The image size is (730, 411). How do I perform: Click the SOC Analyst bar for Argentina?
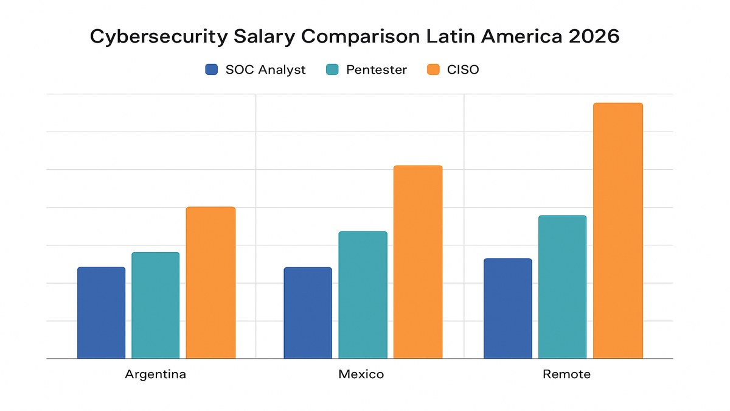point(101,313)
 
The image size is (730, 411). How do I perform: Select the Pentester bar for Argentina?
point(156,306)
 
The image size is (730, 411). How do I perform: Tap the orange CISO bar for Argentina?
point(210,283)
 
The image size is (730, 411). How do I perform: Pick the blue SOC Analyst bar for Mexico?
point(308,313)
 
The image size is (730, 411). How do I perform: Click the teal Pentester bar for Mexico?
point(363,295)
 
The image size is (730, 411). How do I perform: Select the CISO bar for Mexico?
point(418,262)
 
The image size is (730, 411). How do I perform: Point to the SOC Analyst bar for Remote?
point(507,309)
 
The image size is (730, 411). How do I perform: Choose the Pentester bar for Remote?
point(563,287)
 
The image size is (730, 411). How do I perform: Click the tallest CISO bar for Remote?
point(618,231)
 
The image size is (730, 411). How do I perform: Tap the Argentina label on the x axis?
point(156,374)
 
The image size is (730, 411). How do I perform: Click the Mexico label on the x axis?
point(361,374)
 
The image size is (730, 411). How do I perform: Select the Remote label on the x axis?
point(566,374)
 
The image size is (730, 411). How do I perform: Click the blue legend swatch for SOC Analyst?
point(212,69)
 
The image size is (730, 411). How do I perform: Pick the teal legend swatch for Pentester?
point(333,69)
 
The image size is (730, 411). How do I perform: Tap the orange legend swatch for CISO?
point(433,69)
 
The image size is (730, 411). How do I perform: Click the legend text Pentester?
point(376,69)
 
